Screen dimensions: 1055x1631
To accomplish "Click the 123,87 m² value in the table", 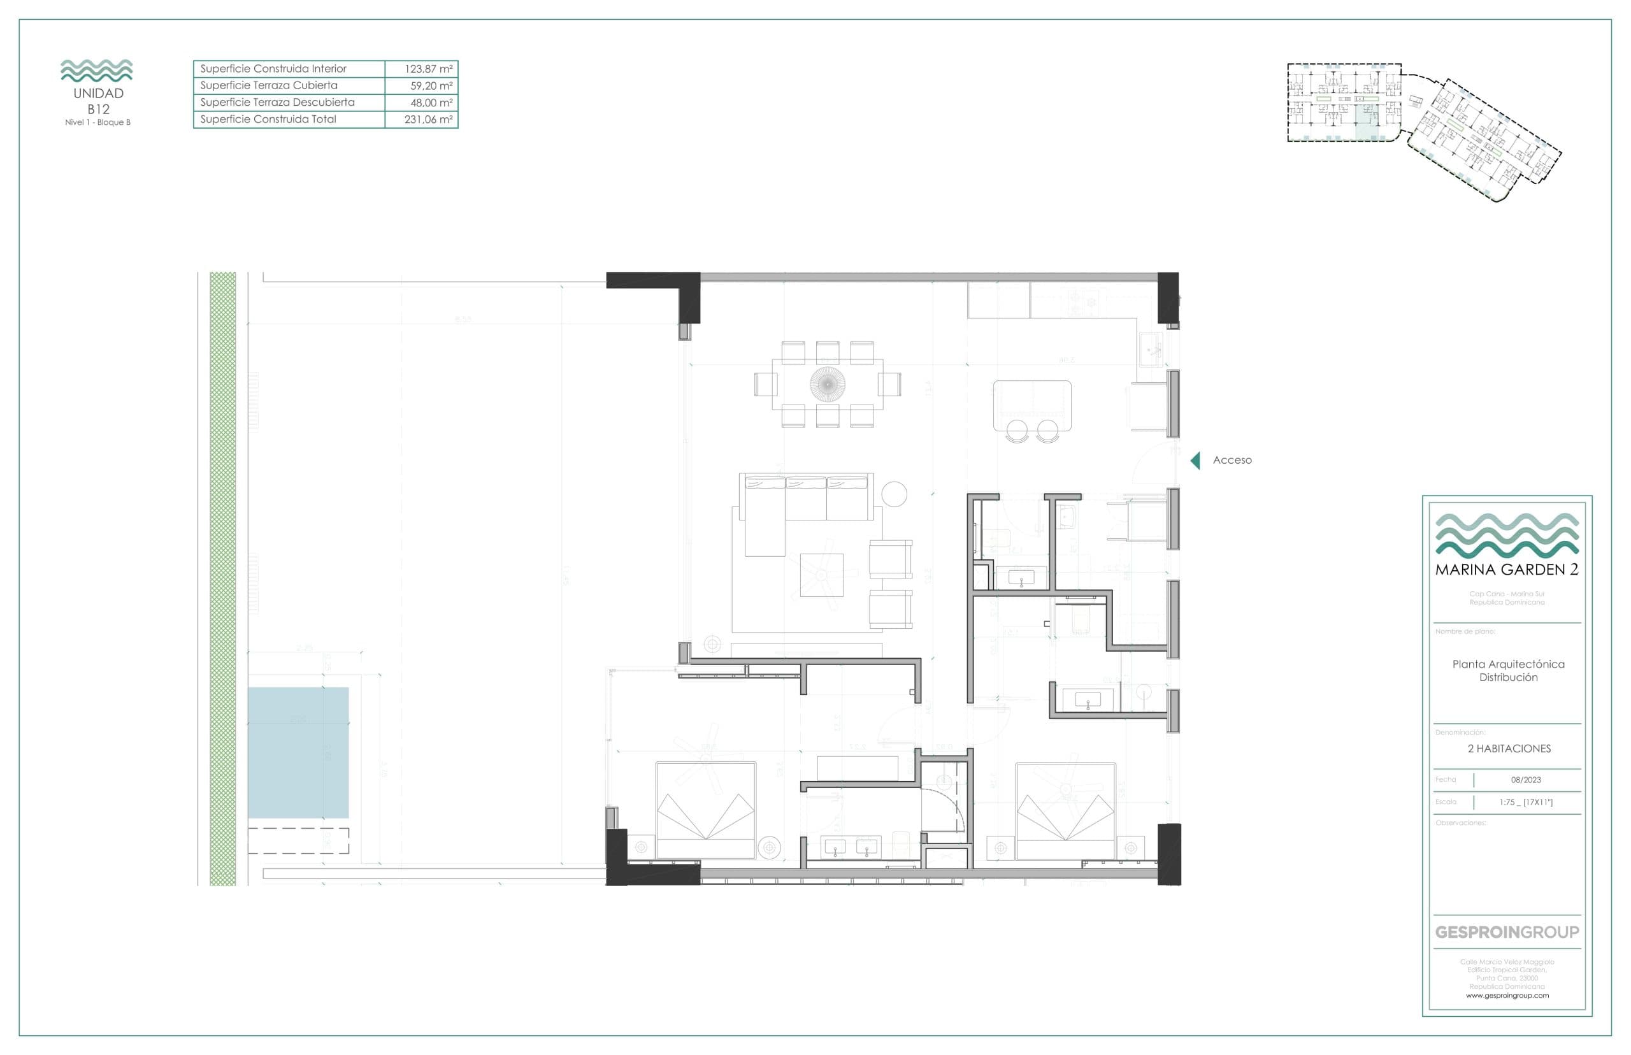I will [428, 69].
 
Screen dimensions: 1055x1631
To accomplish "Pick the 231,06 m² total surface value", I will [428, 119].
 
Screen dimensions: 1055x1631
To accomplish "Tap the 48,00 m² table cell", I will [431, 103].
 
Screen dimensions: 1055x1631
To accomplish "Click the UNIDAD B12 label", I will [98, 101].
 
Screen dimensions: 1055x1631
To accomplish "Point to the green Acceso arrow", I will [1195, 461].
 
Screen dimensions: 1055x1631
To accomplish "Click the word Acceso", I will [1232, 461].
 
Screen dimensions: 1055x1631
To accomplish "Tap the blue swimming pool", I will [298, 752].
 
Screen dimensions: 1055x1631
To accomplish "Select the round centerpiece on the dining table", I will [828, 384].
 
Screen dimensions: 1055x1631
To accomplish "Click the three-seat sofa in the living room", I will [805, 498].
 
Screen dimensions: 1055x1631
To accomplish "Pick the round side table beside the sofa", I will [894, 493].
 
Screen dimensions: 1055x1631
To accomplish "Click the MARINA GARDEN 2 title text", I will [1506, 570].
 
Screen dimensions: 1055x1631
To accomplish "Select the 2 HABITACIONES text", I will [1509, 749].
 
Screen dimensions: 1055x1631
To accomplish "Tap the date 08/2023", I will [1525, 780].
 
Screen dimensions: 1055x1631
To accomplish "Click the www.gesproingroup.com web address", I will [1506, 995].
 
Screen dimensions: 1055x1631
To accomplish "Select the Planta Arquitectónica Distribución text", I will [1507, 671].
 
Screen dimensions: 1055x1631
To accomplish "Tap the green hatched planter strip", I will [222, 579].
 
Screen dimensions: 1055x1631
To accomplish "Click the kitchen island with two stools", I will [1031, 406].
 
